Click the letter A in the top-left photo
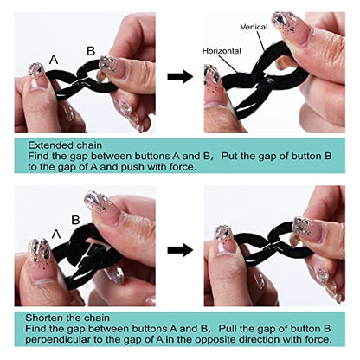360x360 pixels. pyautogui.click(x=54, y=60)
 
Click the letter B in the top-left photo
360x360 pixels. pyautogui.click(x=91, y=51)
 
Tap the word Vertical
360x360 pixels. pyautogui.click(x=254, y=27)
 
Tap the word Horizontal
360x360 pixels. pyautogui.click(x=222, y=51)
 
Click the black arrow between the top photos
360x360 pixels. pyautogui.click(x=180, y=76)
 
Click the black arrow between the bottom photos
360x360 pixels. pyautogui.click(x=180, y=250)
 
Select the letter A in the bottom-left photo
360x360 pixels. pyautogui.click(x=56, y=234)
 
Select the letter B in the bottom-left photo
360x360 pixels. pyautogui.click(x=75, y=220)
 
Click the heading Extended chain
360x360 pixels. pyautogui.click(x=65, y=145)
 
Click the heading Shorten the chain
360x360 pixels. pyautogui.click(x=67, y=318)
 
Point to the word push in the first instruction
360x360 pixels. pyautogui.click(x=133, y=167)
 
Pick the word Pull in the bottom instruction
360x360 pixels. pyautogui.click(x=228, y=329)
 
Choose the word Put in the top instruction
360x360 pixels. pyautogui.click(x=230, y=156)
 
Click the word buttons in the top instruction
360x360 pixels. pyautogui.click(x=153, y=156)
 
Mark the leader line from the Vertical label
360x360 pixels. pyautogui.click(x=261, y=42)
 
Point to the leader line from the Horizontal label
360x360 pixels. pyautogui.click(x=230, y=64)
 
